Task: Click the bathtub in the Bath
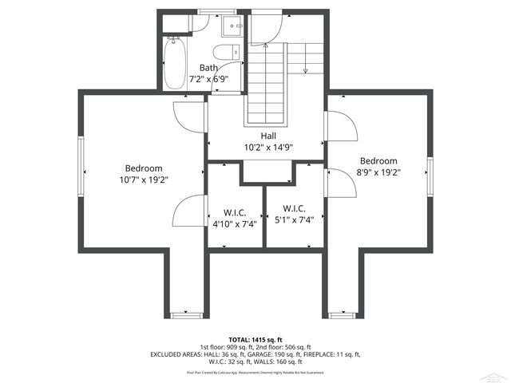(x=174, y=63)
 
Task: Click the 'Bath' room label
(x=208, y=68)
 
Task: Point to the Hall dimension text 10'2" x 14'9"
(x=267, y=147)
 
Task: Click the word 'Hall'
(x=268, y=136)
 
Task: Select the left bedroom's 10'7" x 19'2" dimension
(x=144, y=180)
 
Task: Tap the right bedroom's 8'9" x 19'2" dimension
(x=378, y=172)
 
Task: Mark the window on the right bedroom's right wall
(x=430, y=177)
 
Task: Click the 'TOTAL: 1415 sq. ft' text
(x=255, y=339)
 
